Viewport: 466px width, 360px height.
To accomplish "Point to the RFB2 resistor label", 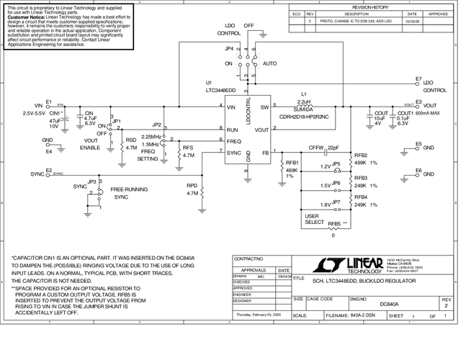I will point(361,156).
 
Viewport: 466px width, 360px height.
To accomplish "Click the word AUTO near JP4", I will point(270,63).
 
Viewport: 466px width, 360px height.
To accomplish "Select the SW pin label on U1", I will point(265,107).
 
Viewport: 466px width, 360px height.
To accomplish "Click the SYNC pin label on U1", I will point(234,152).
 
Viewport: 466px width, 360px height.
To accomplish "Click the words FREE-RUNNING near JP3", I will point(130,189).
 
